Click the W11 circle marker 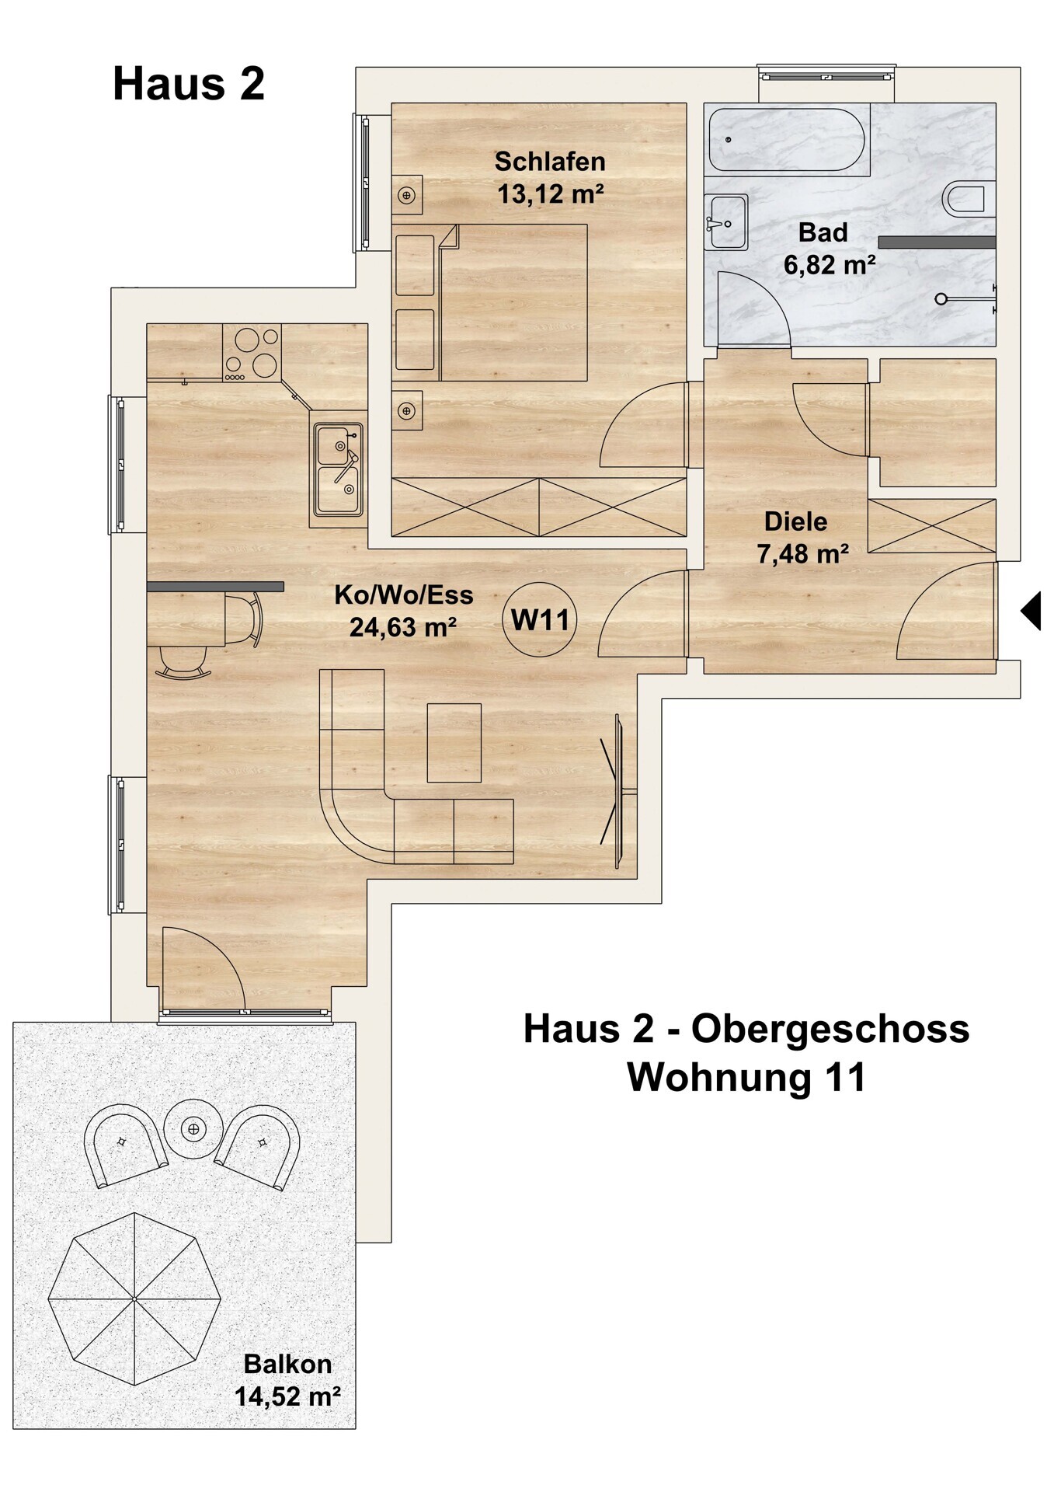(540, 619)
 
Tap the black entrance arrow (1031, 610)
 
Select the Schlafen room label (550, 162)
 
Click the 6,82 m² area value (830, 265)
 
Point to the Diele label (796, 521)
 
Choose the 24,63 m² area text (403, 626)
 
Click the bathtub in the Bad (786, 140)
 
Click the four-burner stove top (252, 352)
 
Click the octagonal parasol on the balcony (134, 1299)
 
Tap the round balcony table (193, 1128)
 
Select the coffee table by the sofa (454, 743)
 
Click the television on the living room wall (619, 791)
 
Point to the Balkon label (287, 1363)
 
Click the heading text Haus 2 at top (189, 84)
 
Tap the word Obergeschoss (830, 1029)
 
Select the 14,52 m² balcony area (287, 1396)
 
